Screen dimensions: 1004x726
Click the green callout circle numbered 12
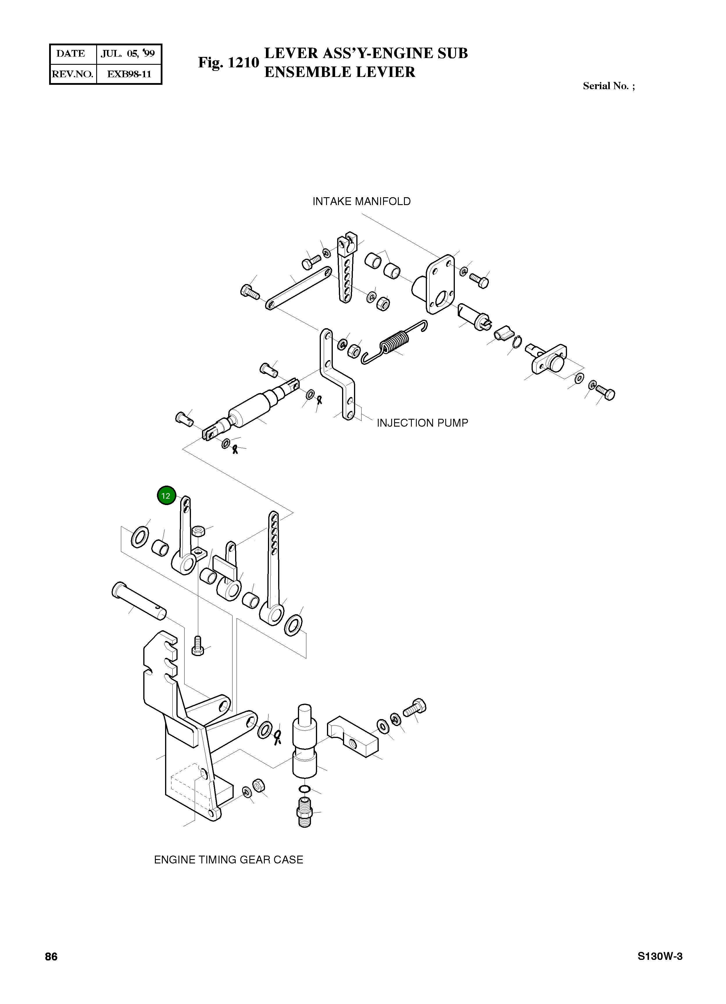click(x=166, y=496)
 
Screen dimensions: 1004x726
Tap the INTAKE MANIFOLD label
click(x=362, y=202)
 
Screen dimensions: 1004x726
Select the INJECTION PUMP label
click(x=422, y=423)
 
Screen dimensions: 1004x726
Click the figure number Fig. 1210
click(x=228, y=63)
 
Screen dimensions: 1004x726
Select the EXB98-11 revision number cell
click(x=129, y=74)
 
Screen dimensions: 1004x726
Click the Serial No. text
click(x=608, y=86)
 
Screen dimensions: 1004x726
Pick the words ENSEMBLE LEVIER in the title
click(x=340, y=72)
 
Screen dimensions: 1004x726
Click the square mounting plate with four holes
click(x=440, y=285)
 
